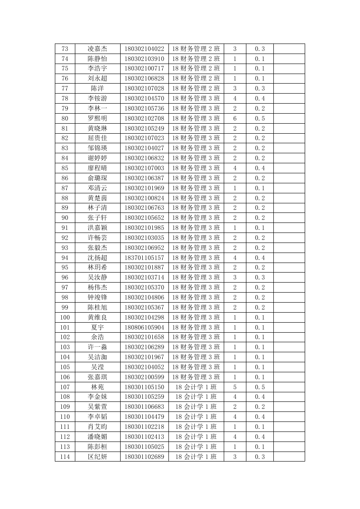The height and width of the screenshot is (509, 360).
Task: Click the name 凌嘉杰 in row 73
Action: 97,49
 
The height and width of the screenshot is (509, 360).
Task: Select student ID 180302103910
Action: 144,59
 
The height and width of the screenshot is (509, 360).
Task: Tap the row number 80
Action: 65,118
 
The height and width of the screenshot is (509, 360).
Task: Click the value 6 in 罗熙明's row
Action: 235,118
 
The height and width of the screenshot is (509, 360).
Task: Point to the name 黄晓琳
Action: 97,128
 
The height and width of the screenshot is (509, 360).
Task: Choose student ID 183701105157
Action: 144,258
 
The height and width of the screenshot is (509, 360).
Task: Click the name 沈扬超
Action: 97,258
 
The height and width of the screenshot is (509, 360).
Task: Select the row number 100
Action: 65,317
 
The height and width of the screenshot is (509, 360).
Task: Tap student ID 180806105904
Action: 144,327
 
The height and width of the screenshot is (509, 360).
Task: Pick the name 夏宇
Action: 97,327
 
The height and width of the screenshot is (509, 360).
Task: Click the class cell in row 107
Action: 196,387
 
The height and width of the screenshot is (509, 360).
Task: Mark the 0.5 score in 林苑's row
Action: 259,387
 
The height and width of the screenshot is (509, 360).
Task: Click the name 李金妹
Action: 97,397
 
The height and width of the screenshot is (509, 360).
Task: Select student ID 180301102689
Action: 144,457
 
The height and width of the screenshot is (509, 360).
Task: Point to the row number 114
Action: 65,457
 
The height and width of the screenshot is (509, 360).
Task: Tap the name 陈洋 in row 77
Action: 97,88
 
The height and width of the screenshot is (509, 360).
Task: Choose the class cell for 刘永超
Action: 196,78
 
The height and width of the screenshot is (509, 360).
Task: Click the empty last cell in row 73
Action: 289,49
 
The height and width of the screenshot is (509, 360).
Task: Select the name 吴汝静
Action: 97,277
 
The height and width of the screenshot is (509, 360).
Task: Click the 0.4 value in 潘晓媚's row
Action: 259,437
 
